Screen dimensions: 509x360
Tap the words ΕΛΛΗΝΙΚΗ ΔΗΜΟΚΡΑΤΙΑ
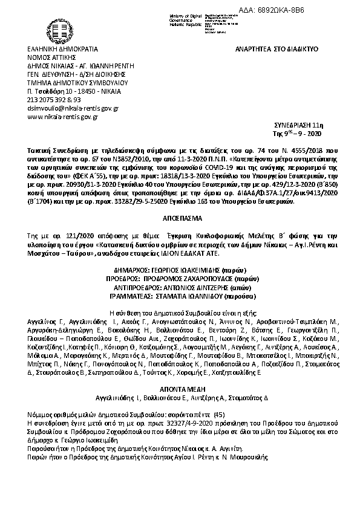pos(62,48)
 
